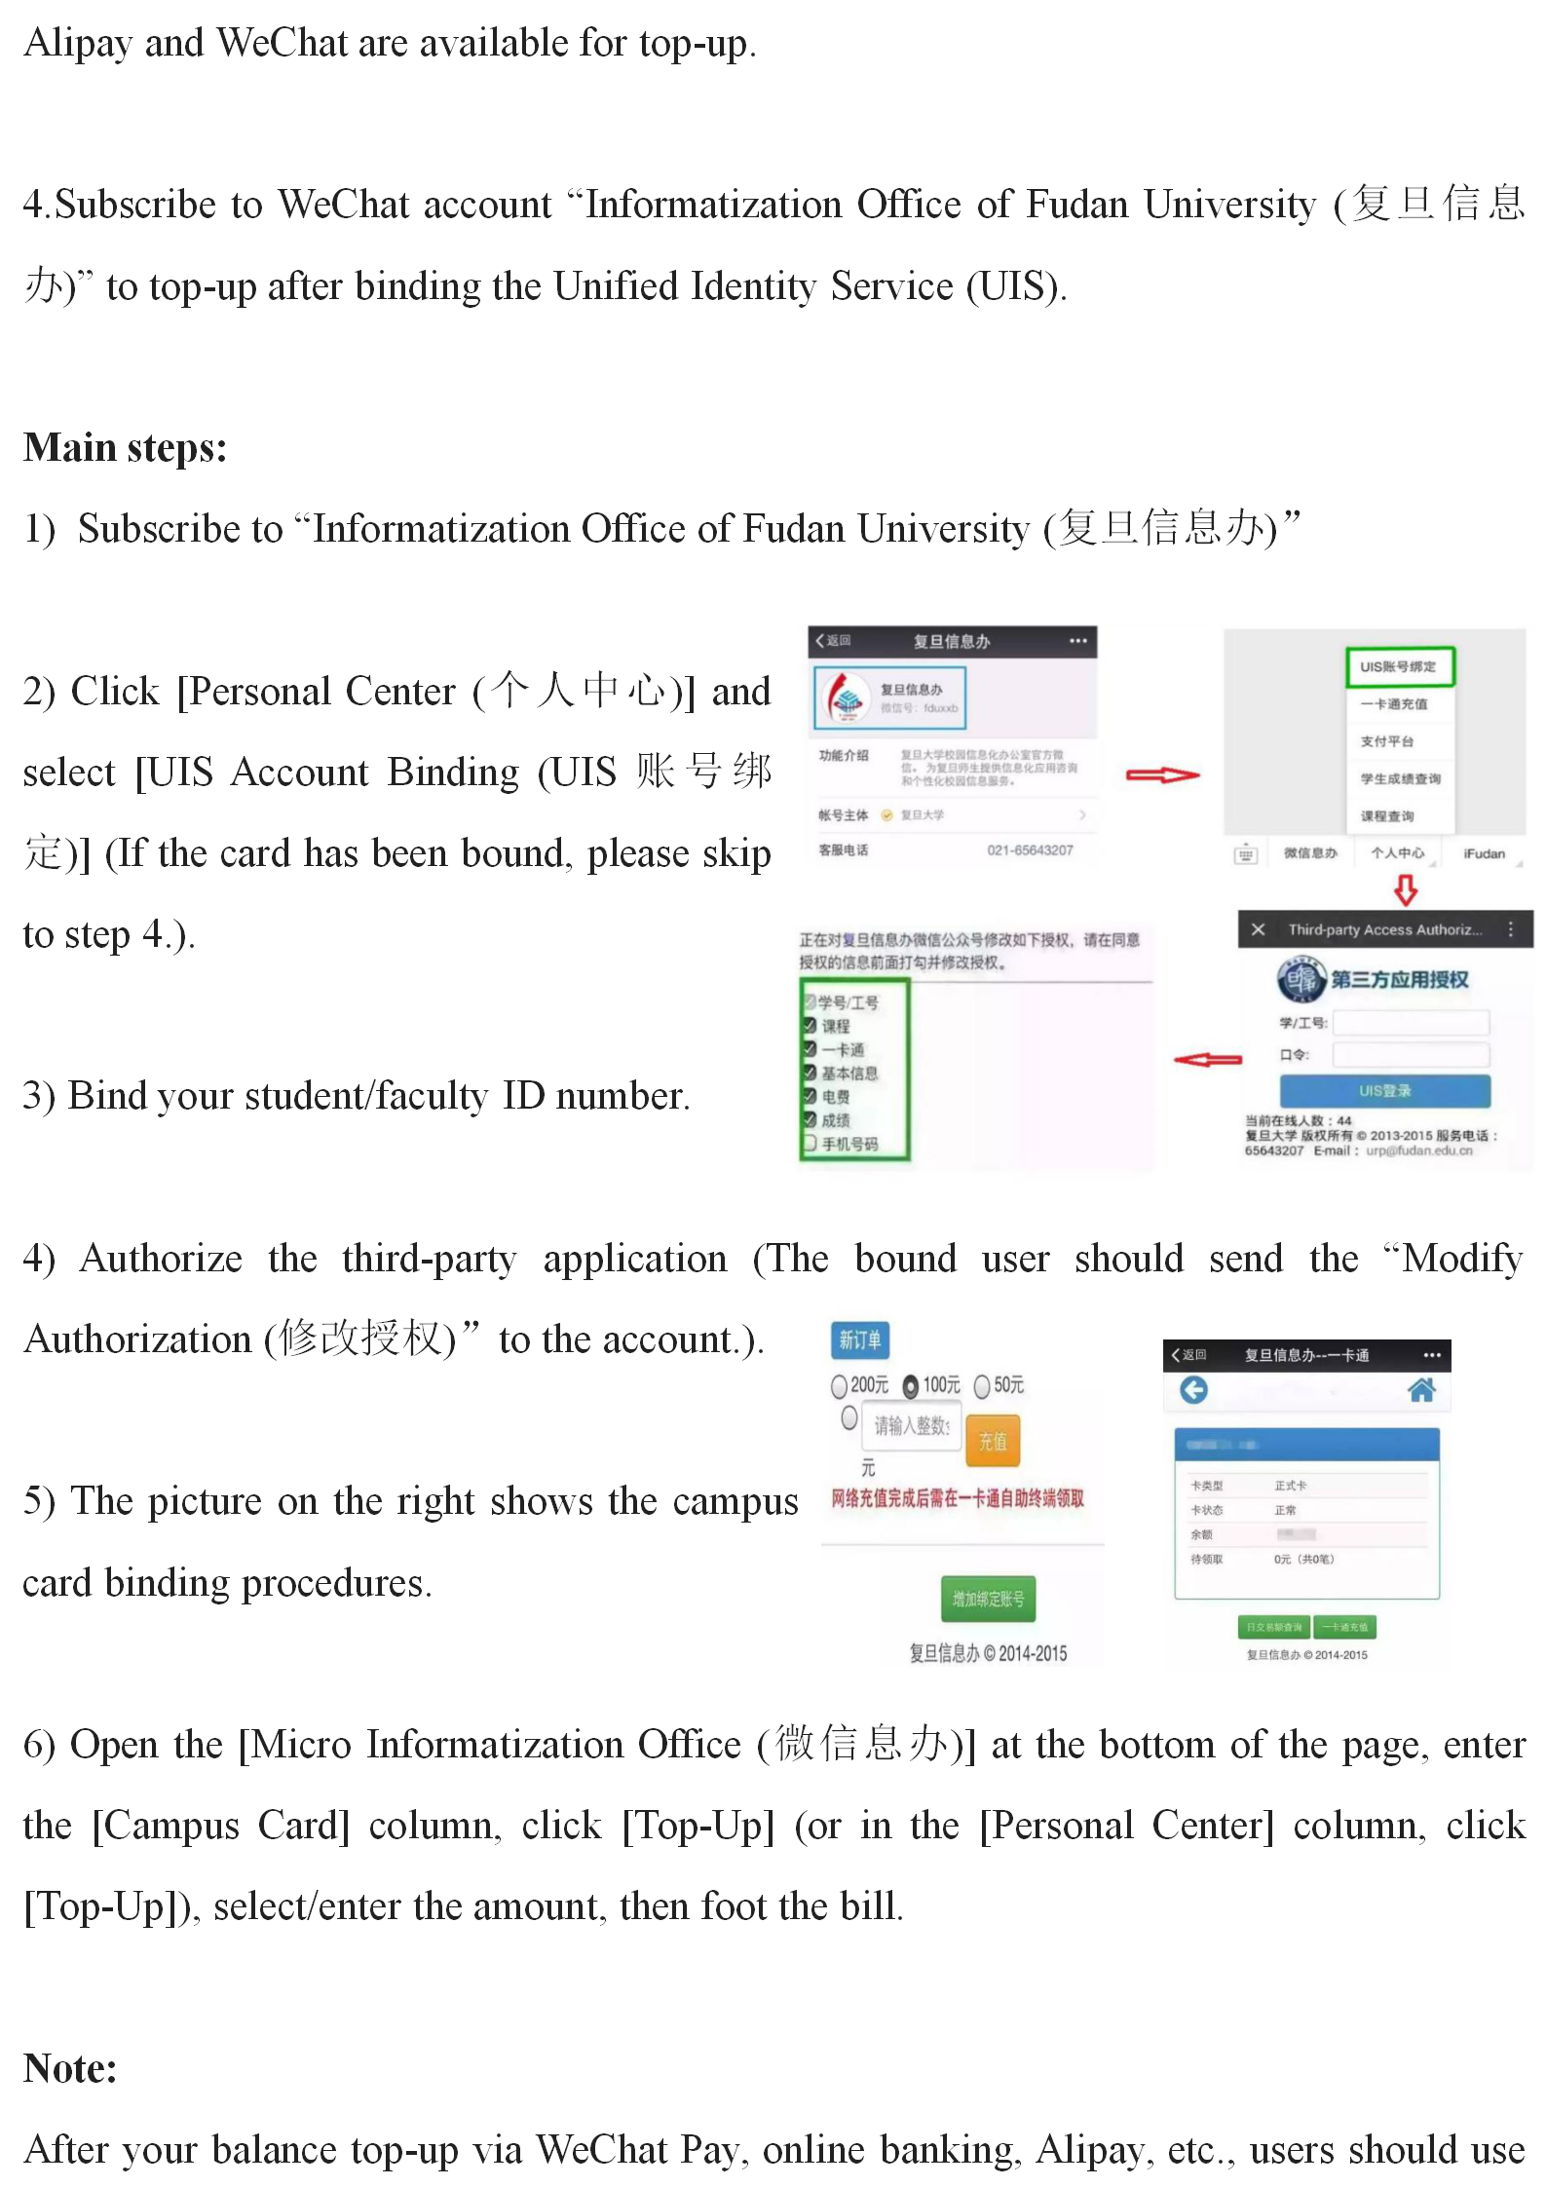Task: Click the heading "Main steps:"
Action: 125,448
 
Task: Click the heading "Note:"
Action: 70,2067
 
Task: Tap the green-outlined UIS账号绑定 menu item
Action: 1400,666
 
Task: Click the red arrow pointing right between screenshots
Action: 1162,775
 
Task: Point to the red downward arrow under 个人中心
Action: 1406,889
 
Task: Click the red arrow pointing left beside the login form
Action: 1208,1059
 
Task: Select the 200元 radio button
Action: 839,1385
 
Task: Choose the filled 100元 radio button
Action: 911,1385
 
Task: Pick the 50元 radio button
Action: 982,1385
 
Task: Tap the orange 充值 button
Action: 993,1441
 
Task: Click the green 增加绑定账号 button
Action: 988,1599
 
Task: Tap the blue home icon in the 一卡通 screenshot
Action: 1421,1390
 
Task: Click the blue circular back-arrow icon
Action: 1193,1390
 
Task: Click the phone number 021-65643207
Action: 1030,849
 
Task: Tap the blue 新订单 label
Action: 859,1339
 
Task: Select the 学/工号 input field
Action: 1411,1022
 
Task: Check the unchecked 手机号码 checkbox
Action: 810,1144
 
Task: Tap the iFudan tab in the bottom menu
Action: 1484,853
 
